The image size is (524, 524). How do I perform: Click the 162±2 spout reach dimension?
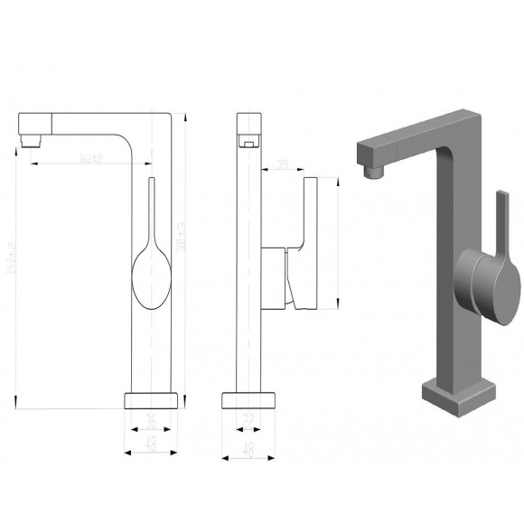click(x=91, y=159)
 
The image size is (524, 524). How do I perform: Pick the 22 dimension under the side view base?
click(x=248, y=421)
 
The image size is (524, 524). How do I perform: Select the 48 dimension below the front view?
click(x=152, y=443)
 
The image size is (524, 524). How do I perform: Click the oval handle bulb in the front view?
click(x=150, y=280)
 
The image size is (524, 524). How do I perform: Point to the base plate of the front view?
click(x=152, y=400)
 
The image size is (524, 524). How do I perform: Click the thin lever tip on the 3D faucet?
click(x=500, y=203)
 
